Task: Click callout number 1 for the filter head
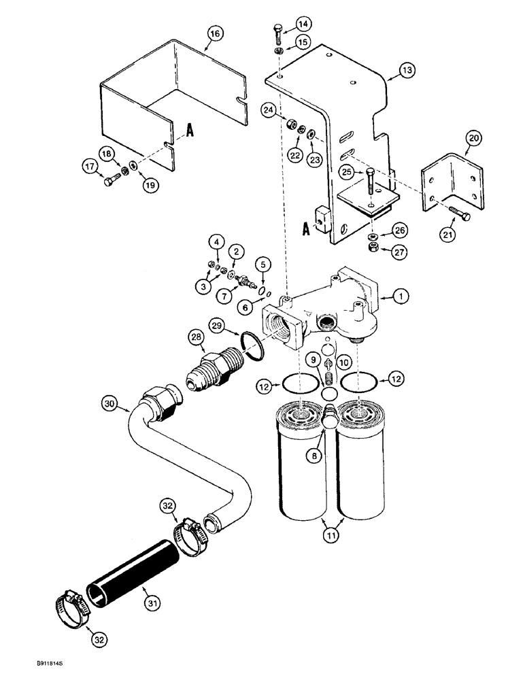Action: pyautogui.click(x=402, y=296)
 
